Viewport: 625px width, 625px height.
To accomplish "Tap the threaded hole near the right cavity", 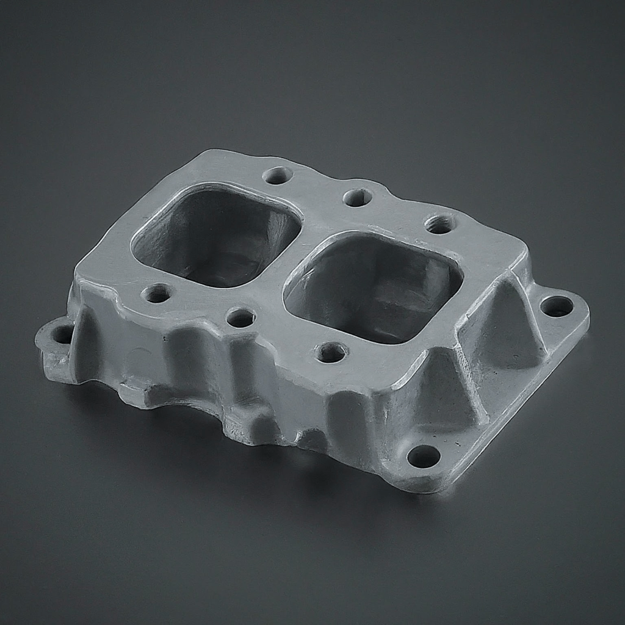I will (x=439, y=224).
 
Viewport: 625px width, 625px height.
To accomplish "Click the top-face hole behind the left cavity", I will (x=278, y=176).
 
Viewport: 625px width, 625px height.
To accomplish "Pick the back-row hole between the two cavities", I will (x=358, y=197).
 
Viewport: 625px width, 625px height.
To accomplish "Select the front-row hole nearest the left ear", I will (x=157, y=294).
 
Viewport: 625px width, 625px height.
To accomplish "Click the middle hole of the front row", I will (x=240, y=317).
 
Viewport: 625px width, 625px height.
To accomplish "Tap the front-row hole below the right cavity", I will (x=331, y=352).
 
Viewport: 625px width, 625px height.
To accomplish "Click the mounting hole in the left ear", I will (x=62, y=334).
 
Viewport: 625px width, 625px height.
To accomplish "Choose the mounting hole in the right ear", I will (x=557, y=306).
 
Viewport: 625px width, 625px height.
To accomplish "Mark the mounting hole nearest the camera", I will (x=424, y=455).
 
